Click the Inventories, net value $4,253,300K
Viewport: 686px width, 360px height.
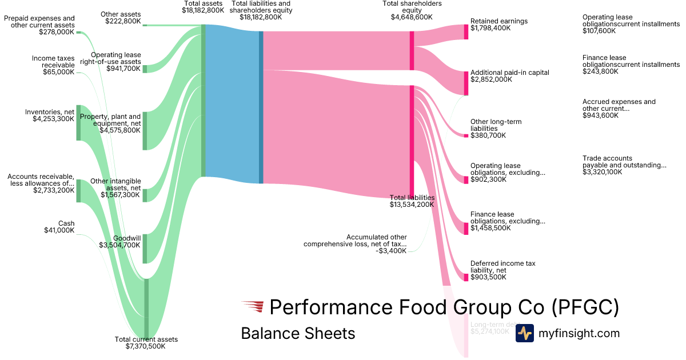pos(50,119)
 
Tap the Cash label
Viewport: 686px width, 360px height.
pos(66,223)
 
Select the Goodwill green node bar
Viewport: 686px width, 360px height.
pos(145,248)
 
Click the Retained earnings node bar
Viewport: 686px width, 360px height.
pos(466,32)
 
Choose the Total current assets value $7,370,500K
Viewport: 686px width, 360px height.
pos(146,346)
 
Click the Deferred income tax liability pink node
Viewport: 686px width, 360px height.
pos(466,277)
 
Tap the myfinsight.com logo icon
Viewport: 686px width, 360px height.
pos(524,333)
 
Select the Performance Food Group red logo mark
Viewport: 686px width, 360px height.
pos(252,307)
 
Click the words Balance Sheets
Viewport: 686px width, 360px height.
pos(298,333)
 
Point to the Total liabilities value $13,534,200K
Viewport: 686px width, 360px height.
pos(412,205)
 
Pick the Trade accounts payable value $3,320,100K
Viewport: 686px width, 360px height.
pos(602,172)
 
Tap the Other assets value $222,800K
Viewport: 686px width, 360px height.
pos(123,21)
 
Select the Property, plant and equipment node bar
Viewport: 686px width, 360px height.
pos(145,131)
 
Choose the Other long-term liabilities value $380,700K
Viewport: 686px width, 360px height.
pos(488,135)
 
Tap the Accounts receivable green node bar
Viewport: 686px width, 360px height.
pos(78,190)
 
